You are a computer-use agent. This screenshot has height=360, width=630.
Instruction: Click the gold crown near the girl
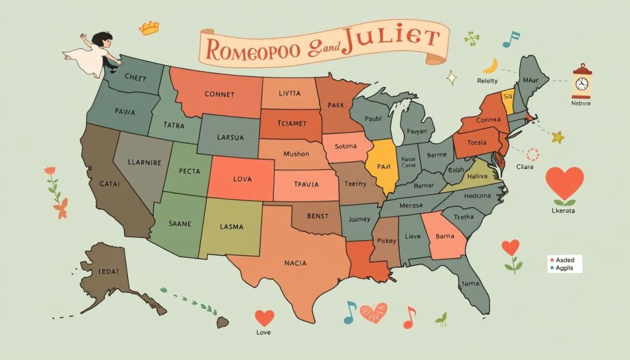[150, 28]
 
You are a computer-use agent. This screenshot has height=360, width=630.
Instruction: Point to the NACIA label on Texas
[300, 263]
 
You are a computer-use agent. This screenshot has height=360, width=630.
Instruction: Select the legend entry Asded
[564, 260]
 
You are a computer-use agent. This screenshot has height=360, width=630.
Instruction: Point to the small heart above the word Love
[264, 318]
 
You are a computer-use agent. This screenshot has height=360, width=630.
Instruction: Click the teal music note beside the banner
[511, 39]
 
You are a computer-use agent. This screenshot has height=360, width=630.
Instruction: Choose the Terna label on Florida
[470, 284]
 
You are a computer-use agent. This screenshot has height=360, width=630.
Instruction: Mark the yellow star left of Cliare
[557, 137]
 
